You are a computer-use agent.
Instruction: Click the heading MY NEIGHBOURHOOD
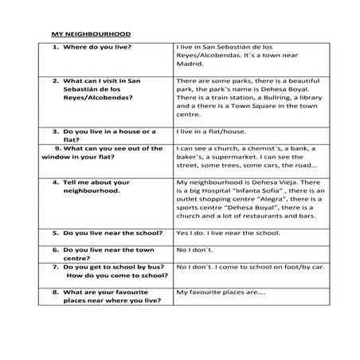point(91,35)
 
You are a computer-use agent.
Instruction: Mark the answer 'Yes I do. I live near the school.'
point(228,233)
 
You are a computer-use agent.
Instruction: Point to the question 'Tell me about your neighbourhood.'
point(96,187)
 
